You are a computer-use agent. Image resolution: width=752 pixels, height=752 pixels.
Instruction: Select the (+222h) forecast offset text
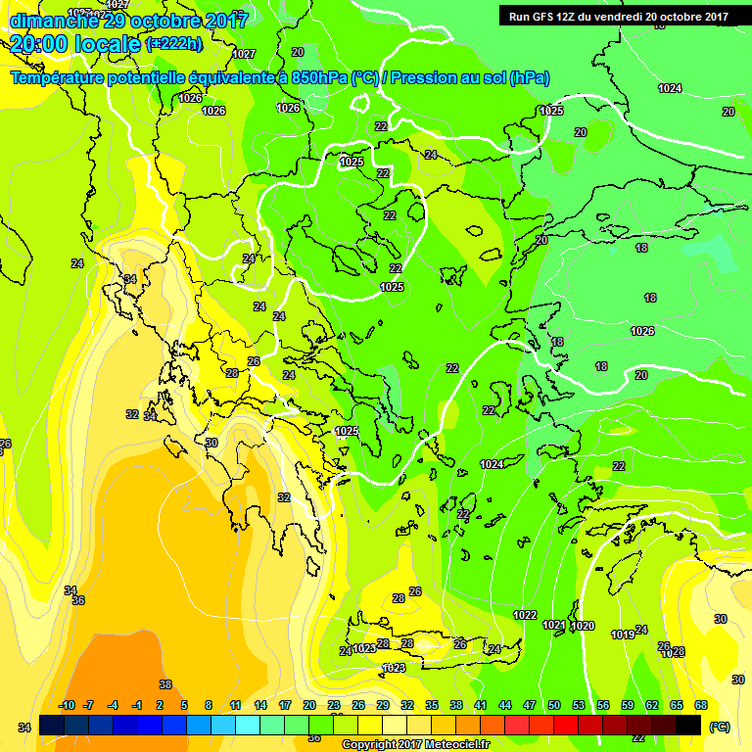pos(174,43)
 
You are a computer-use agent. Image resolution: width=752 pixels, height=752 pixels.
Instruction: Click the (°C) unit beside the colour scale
pos(719,728)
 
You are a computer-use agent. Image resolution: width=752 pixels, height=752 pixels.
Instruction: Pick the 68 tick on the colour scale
pos(700,705)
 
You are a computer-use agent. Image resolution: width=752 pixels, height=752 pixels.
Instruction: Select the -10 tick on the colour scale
pos(67,705)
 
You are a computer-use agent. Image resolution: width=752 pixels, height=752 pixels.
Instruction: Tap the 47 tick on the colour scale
pos(530,705)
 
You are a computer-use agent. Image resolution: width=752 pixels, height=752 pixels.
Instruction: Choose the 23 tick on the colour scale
pos(334,705)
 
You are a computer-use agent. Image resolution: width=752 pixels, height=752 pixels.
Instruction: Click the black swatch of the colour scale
pos(687,724)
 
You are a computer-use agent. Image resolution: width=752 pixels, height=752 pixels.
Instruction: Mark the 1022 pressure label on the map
pos(525,615)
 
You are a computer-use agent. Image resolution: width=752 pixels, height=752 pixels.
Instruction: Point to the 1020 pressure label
pos(583,626)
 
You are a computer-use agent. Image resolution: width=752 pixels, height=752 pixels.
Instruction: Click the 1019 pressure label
pos(623,634)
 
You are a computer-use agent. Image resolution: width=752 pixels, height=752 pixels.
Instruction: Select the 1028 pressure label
pos(675,652)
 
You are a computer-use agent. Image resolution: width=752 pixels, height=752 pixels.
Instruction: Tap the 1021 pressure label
pos(554,625)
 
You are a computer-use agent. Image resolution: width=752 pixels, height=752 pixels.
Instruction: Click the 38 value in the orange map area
pos(165,684)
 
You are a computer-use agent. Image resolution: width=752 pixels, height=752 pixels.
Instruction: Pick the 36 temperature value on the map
pos(78,600)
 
